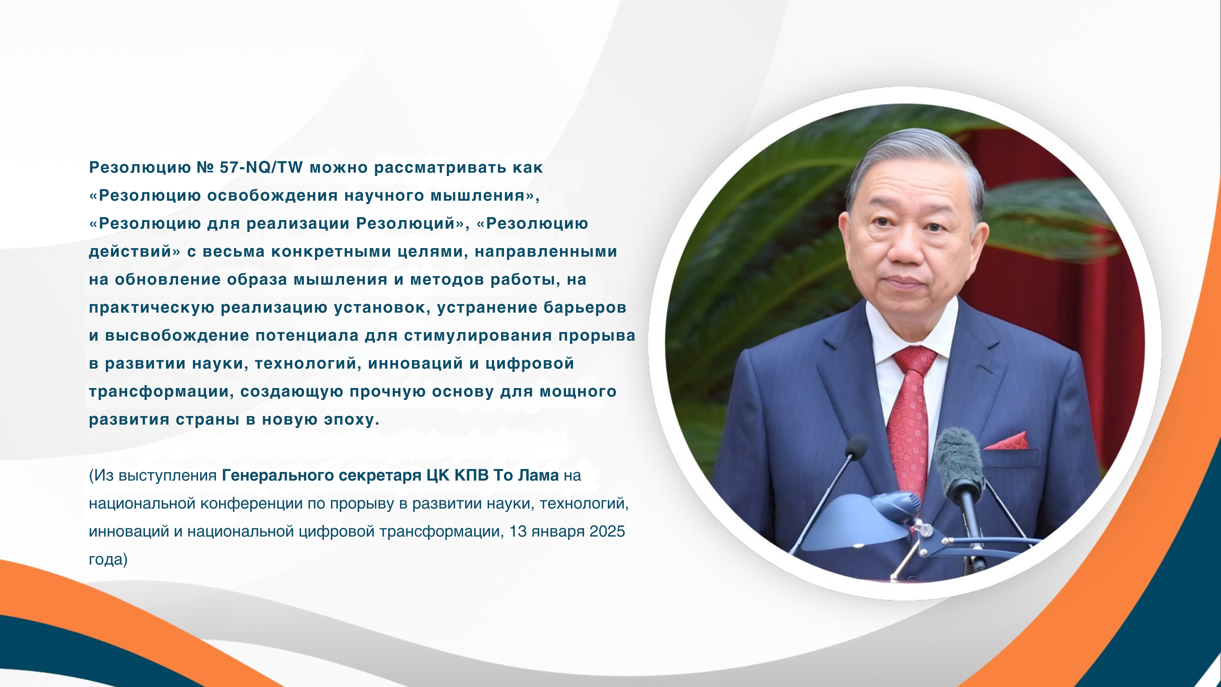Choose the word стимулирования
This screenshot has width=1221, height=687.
(478, 336)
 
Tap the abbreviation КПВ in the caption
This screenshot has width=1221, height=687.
(471, 475)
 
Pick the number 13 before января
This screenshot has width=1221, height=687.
(518, 531)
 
